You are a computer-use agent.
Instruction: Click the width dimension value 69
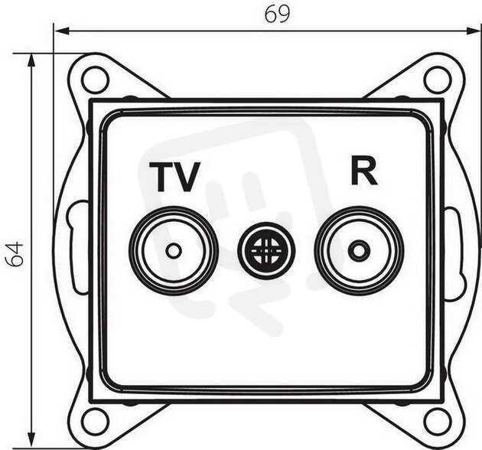[x=277, y=14]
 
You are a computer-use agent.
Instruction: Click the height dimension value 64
[x=15, y=254]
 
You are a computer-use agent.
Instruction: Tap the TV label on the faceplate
[x=174, y=178]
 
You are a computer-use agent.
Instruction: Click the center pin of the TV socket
[x=174, y=251]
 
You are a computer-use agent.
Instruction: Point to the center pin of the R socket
[x=358, y=251]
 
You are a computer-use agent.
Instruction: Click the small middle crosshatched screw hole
[x=266, y=251]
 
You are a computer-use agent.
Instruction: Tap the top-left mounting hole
[x=96, y=80]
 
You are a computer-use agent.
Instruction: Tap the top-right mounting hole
[x=438, y=80]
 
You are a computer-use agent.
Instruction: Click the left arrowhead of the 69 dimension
[x=61, y=31]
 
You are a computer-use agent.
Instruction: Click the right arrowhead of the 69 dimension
[x=474, y=31]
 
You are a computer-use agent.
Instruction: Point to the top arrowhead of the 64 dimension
[x=31, y=61]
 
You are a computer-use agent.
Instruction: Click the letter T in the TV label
[x=161, y=178]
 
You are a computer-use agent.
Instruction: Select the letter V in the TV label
[x=187, y=178]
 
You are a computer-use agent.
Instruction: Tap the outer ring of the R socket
[x=358, y=208]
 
